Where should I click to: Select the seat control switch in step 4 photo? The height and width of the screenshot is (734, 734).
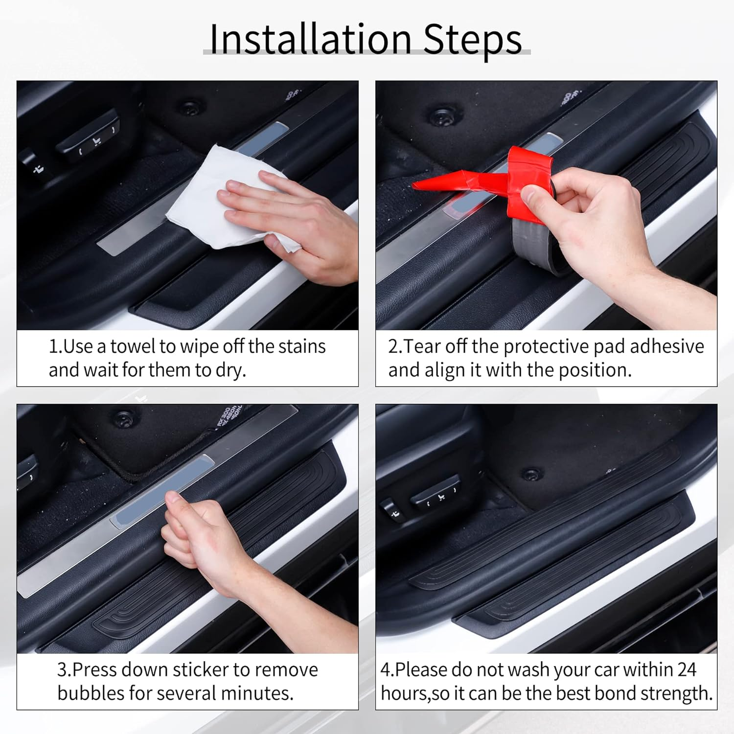click(435, 495)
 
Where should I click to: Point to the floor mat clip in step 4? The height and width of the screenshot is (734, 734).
click(531, 474)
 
